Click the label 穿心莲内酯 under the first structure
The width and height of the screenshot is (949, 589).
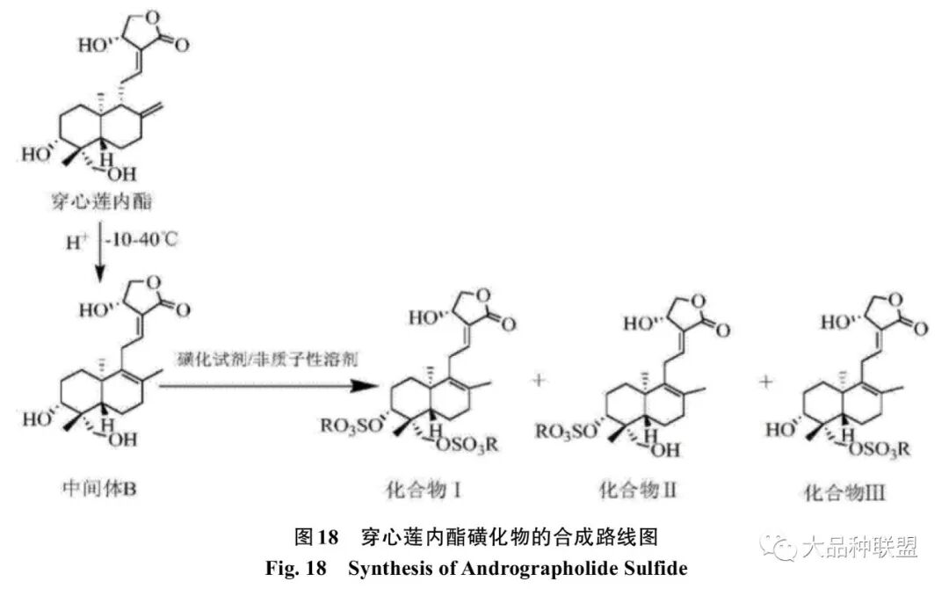(101, 203)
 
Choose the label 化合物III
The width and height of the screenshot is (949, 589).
(845, 492)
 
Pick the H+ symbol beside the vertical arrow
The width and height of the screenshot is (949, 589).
(76, 241)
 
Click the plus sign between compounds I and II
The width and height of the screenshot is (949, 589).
(540, 382)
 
